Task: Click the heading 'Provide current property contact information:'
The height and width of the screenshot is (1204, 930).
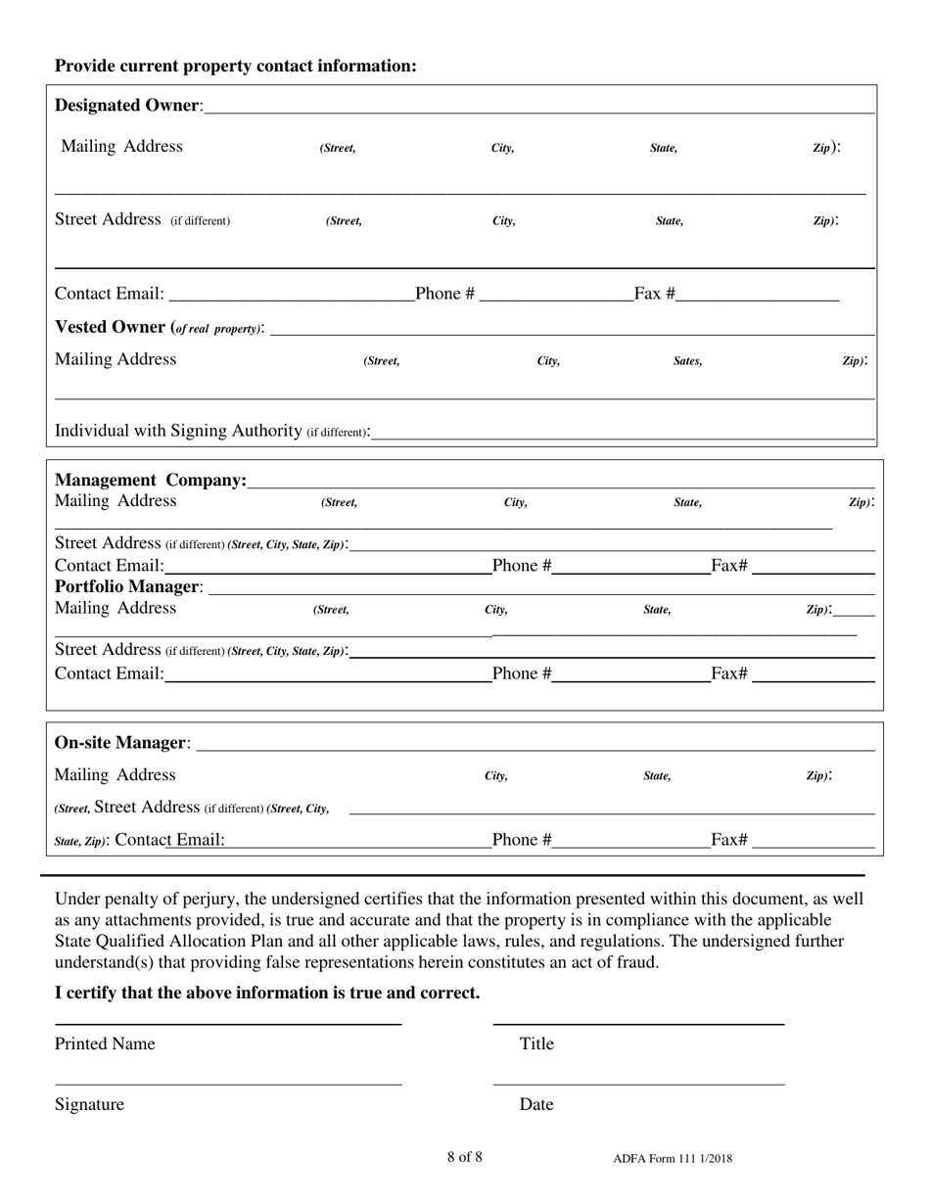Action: pyautogui.click(x=235, y=66)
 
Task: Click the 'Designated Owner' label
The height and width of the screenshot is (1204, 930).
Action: pyautogui.click(x=128, y=105)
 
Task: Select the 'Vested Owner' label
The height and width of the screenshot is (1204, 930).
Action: pyautogui.click(x=111, y=327)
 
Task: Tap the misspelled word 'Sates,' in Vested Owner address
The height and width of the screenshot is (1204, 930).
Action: pyautogui.click(x=687, y=361)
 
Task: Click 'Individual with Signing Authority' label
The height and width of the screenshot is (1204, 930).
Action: pyautogui.click(x=177, y=431)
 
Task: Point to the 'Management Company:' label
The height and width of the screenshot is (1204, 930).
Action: pyautogui.click(x=150, y=480)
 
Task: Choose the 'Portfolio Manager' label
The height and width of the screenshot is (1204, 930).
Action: pyautogui.click(x=128, y=586)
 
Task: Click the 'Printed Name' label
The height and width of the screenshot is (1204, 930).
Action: pyautogui.click(x=105, y=1043)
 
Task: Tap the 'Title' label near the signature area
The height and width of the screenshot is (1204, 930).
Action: pyautogui.click(x=536, y=1043)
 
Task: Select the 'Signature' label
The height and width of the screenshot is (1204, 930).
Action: pyautogui.click(x=89, y=1104)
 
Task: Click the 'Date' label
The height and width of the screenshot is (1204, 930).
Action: pyautogui.click(x=536, y=1104)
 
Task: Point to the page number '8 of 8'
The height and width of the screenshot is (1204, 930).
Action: pyautogui.click(x=464, y=1157)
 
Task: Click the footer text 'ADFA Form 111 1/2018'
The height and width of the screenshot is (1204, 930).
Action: pyautogui.click(x=673, y=1159)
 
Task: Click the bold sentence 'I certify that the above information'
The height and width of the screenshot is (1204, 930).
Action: pyautogui.click(x=267, y=993)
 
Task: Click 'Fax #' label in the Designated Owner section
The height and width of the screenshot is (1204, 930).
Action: pyautogui.click(x=654, y=294)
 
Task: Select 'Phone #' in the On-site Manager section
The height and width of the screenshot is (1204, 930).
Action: pyautogui.click(x=522, y=839)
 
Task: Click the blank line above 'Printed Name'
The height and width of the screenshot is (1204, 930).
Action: pyautogui.click(x=228, y=1023)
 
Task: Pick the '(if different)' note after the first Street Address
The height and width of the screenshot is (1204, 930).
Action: pyautogui.click(x=201, y=221)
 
